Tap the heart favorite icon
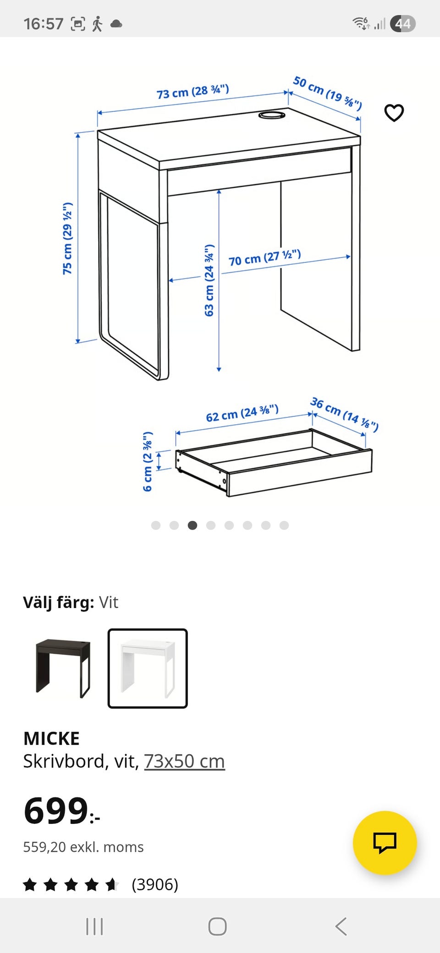394,113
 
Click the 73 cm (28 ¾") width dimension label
192,91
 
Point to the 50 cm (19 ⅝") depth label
327,93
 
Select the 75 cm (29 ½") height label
67,238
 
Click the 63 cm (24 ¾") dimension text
209,280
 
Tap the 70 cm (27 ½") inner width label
264,257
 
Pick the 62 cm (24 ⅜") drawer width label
242,413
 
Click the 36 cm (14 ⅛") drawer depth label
344,414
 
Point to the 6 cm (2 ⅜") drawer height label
148,461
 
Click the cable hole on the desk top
272,115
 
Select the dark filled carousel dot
192,525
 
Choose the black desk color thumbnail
63,668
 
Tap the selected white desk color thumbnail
148,668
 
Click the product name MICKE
51,739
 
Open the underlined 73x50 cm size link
184,761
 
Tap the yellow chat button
385,842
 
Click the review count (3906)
155,884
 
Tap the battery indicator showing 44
402,23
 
